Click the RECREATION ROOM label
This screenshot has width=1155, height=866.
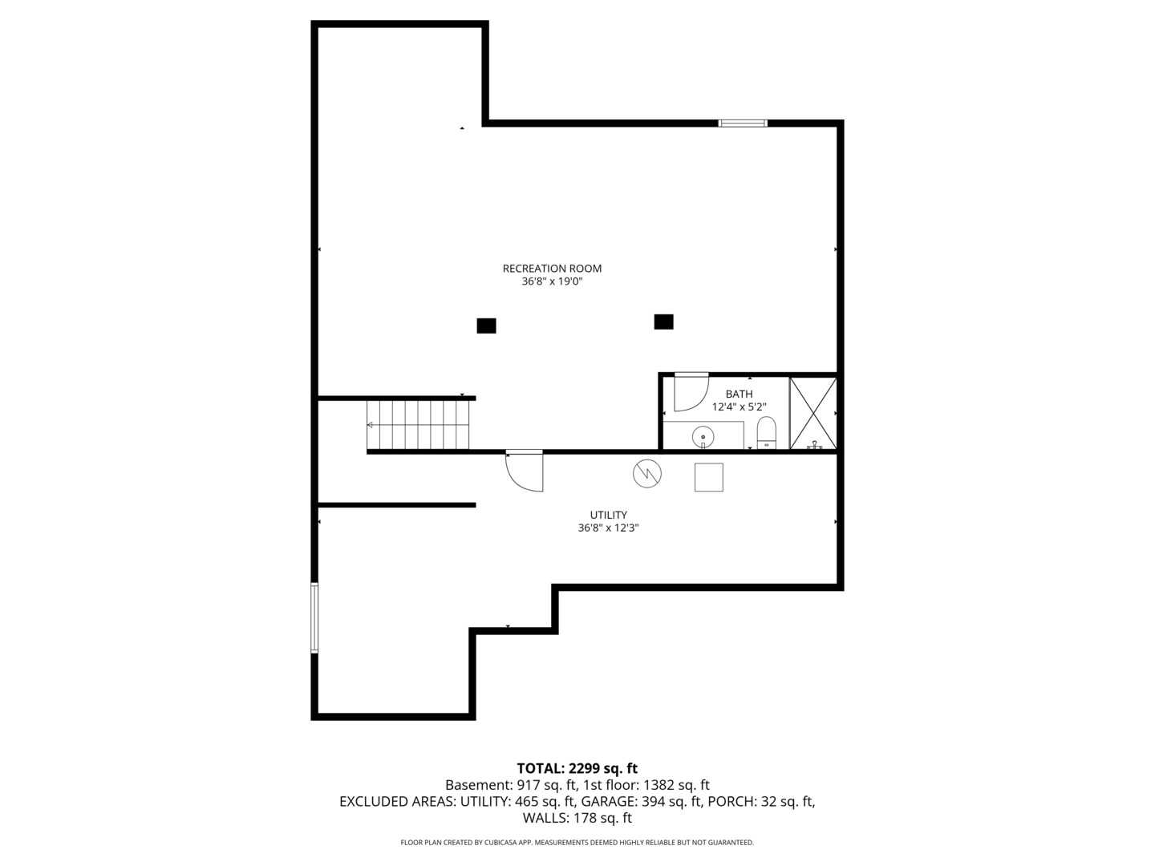point(552,269)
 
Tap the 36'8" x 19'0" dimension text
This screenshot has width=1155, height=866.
point(552,282)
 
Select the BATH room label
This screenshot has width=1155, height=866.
point(739,394)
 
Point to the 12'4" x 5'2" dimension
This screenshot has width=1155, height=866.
point(739,407)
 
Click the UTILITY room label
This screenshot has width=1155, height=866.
point(608,515)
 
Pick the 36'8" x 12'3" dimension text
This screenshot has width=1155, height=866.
point(608,528)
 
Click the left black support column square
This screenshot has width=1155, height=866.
point(486,326)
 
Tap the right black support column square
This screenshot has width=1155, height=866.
point(663,322)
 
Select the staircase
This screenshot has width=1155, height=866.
point(418,424)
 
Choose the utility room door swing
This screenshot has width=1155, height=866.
point(525,471)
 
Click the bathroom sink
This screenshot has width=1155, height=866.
point(703,436)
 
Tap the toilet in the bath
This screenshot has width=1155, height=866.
point(767,434)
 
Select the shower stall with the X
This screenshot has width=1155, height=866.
point(813,413)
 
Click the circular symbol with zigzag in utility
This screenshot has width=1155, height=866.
point(647,474)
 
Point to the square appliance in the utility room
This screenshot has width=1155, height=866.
point(708,477)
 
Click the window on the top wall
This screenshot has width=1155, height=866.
point(743,123)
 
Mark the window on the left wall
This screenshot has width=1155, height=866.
point(314,617)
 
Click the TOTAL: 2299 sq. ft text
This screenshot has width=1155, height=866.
point(577,768)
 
